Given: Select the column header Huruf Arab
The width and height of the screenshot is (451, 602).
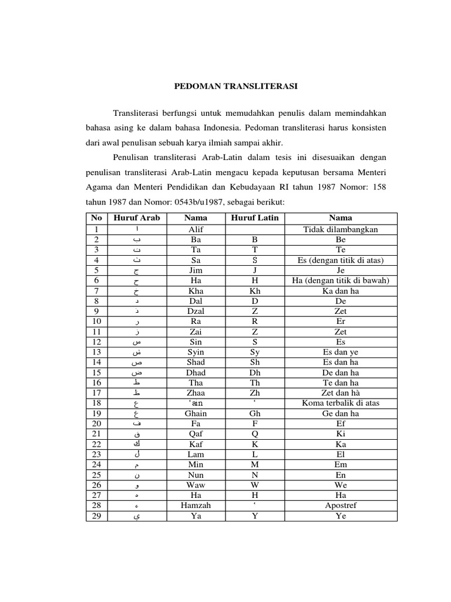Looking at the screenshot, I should tap(136, 218).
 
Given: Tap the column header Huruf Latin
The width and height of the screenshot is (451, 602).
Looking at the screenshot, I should tap(255, 218).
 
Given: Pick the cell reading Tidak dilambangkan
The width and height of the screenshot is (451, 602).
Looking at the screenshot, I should tap(341, 229).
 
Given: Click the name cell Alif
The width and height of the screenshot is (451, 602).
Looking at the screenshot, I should tap(196, 229).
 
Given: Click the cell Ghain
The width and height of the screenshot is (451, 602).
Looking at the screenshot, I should tap(196, 413).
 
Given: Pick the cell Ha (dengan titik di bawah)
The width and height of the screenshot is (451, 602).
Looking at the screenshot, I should tap(341, 280).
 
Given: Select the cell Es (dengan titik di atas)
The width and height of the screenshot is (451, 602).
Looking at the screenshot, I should tap(341, 260).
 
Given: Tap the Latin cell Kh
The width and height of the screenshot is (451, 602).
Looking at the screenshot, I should tap(255, 290).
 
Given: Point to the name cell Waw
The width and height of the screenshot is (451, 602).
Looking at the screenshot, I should tap(196, 484).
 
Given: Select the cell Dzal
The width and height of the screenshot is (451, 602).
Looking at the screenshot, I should tap(196, 311).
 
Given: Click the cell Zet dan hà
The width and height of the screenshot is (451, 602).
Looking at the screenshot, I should tap(341, 392).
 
